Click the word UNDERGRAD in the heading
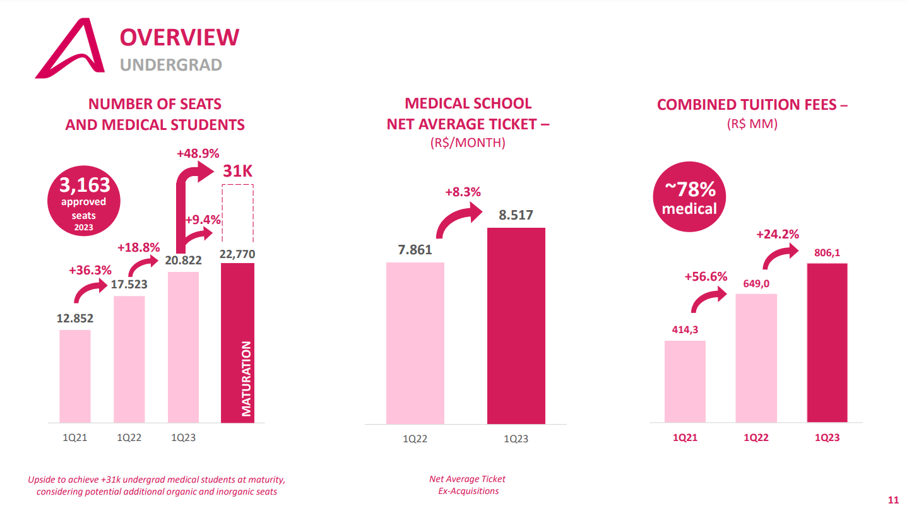(171, 65)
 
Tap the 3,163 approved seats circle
(84, 201)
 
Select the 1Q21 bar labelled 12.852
(75, 377)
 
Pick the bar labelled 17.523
(129, 360)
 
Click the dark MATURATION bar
(238, 343)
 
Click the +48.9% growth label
(198, 153)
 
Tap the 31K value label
(238, 171)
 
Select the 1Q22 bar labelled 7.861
(415, 343)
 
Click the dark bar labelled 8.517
(516, 326)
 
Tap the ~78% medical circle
(689, 197)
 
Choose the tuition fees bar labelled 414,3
(685, 381)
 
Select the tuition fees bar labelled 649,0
(756, 358)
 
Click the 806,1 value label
(827, 253)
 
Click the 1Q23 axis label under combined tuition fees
(827, 438)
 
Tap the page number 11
(893, 500)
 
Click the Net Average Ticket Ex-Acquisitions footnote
(468, 485)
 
